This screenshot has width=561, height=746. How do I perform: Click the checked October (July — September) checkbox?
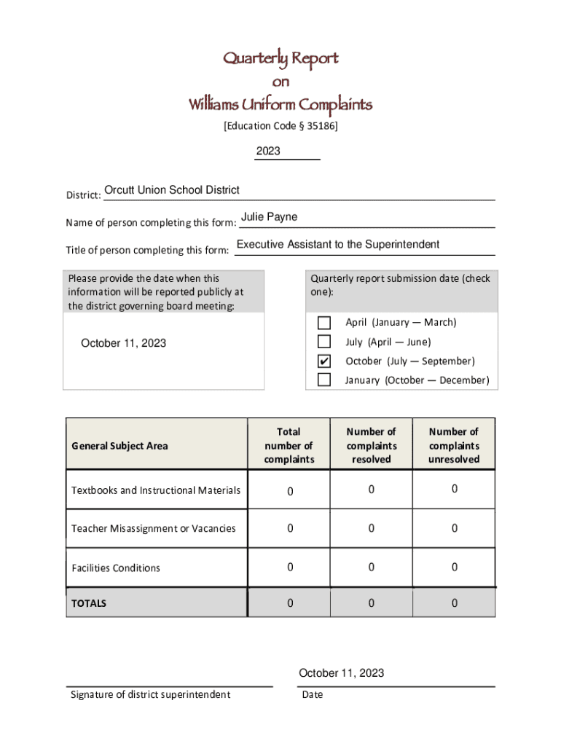324,361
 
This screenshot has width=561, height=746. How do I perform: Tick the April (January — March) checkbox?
324,323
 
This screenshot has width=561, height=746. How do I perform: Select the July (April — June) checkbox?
324,342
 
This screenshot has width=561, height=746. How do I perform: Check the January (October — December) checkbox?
324,380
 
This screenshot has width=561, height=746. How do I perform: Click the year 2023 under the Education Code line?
267,152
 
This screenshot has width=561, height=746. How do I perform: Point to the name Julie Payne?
269,217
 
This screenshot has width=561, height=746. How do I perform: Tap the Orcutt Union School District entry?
172,190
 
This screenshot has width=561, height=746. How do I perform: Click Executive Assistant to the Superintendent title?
338,244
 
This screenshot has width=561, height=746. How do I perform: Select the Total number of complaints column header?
289,445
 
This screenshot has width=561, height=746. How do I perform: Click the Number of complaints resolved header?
371,445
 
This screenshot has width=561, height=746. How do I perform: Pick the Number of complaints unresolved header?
454,445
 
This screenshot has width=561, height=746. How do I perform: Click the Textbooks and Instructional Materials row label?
156,490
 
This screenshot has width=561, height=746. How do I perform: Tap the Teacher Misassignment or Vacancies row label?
154,528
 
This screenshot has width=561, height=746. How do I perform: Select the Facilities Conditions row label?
116,568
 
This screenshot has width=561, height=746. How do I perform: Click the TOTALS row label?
89,603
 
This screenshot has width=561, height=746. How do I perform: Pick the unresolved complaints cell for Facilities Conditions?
454,567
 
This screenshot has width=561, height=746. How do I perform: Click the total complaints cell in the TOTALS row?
289,603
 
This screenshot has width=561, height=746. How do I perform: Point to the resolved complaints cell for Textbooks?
371,490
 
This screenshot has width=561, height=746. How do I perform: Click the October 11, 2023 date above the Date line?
341,672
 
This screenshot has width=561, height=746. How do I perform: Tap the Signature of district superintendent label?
150,694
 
